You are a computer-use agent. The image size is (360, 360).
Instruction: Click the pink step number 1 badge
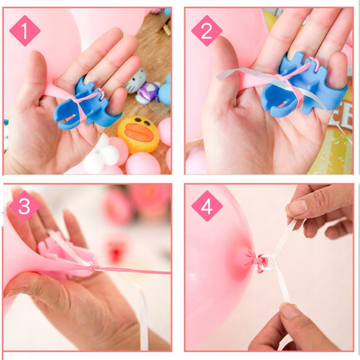(25, 30)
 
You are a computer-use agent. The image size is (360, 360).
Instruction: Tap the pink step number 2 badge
(206, 30)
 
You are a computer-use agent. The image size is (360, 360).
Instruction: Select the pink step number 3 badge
(25, 206)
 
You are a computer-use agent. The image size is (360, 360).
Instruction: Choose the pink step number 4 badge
(207, 206)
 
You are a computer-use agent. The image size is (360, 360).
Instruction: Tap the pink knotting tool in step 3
(66, 256)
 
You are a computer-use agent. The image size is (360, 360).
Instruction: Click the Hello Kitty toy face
(135, 81)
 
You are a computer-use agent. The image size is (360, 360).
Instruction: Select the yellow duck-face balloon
(138, 134)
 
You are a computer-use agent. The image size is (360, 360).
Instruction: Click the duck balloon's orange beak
(140, 133)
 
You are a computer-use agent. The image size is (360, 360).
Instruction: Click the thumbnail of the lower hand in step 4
(289, 313)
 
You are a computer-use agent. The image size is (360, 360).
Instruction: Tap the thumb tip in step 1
(34, 58)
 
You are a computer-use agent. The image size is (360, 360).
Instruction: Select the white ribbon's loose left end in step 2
(219, 77)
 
